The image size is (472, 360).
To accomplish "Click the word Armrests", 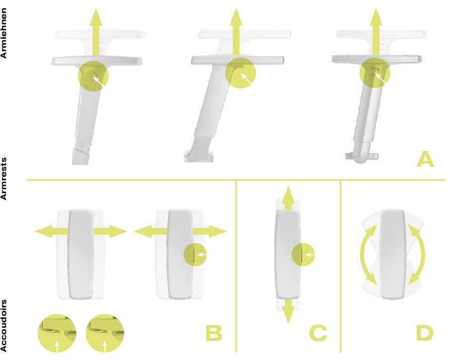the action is click(3, 179).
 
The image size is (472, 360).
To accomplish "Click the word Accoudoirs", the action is click(3, 325).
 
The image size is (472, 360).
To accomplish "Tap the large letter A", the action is click(425, 159).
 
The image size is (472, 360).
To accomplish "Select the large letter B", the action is click(214, 333).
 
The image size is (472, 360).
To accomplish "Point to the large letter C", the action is click(318, 333).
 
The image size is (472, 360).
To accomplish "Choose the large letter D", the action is click(424, 333).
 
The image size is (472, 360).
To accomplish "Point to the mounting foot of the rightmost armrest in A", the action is click(361, 156).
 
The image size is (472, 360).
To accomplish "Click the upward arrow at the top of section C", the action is click(288, 198).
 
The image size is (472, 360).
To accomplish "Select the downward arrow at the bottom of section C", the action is click(288, 311).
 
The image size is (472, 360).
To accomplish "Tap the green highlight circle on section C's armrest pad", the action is click(303, 254).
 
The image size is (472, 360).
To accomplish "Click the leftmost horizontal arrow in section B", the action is click(52, 231).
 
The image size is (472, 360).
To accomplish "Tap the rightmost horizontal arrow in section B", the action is click(210, 231).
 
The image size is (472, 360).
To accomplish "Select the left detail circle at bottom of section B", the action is click(57, 333).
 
